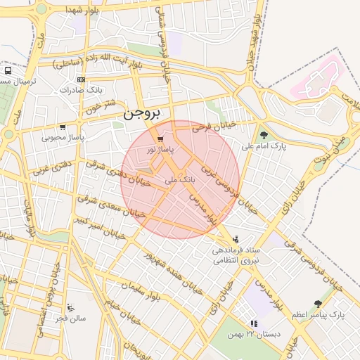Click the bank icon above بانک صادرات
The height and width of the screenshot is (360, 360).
(x=82, y=79)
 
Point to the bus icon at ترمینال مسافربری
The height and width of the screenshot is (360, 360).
(x=8, y=71)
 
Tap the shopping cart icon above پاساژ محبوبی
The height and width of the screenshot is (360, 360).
(x=63, y=127)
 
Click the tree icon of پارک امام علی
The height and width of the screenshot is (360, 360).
(x=264, y=135)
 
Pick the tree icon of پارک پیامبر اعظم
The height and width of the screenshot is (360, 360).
(x=319, y=304)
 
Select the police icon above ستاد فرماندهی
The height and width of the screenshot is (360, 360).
(x=236, y=239)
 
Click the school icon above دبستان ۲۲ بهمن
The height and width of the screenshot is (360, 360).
(x=254, y=323)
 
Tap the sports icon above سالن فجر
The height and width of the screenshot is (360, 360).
(x=70, y=307)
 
